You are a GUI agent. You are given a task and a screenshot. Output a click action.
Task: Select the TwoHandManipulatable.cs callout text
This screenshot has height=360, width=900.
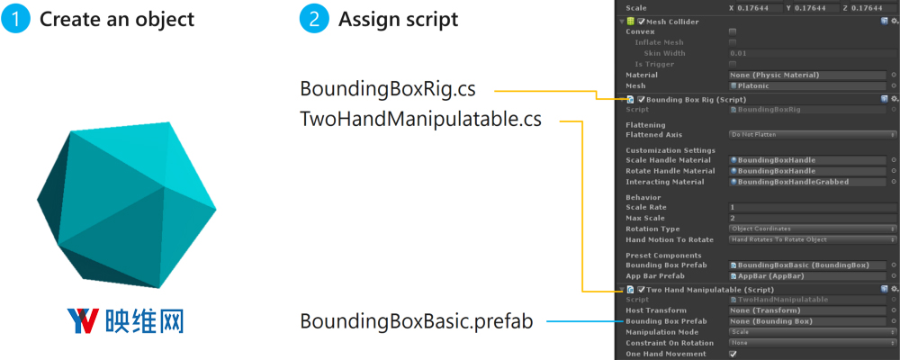(x=420, y=119)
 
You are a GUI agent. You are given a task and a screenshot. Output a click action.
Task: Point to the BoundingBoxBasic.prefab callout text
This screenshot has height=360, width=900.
(x=416, y=321)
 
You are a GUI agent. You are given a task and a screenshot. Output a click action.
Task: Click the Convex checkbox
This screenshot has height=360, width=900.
(x=732, y=31)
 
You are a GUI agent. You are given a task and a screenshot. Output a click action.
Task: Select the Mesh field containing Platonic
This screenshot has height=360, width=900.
(x=808, y=86)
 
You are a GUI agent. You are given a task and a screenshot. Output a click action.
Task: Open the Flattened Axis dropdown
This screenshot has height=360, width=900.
(x=808, y=134)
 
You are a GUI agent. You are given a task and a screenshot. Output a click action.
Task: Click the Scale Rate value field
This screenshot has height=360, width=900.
(x=808, y=207)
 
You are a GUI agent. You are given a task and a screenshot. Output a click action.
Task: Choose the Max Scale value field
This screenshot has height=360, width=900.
(x=808, y=218)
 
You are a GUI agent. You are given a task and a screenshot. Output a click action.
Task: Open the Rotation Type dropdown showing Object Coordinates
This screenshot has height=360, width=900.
(x=808, y=229)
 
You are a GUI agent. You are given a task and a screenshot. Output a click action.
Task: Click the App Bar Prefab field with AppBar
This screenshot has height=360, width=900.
(x=808, y=276)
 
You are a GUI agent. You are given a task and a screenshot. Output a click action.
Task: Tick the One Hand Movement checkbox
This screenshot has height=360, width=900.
(x=732, y=354)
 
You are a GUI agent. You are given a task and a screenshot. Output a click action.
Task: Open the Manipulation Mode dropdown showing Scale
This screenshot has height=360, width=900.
(x=808, y=332)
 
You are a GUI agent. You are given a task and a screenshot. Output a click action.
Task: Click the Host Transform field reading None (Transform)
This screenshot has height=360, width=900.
(x=808, y=310)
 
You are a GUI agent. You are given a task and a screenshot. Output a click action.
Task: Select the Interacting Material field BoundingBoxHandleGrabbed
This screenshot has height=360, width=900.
(x=808, y=182)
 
